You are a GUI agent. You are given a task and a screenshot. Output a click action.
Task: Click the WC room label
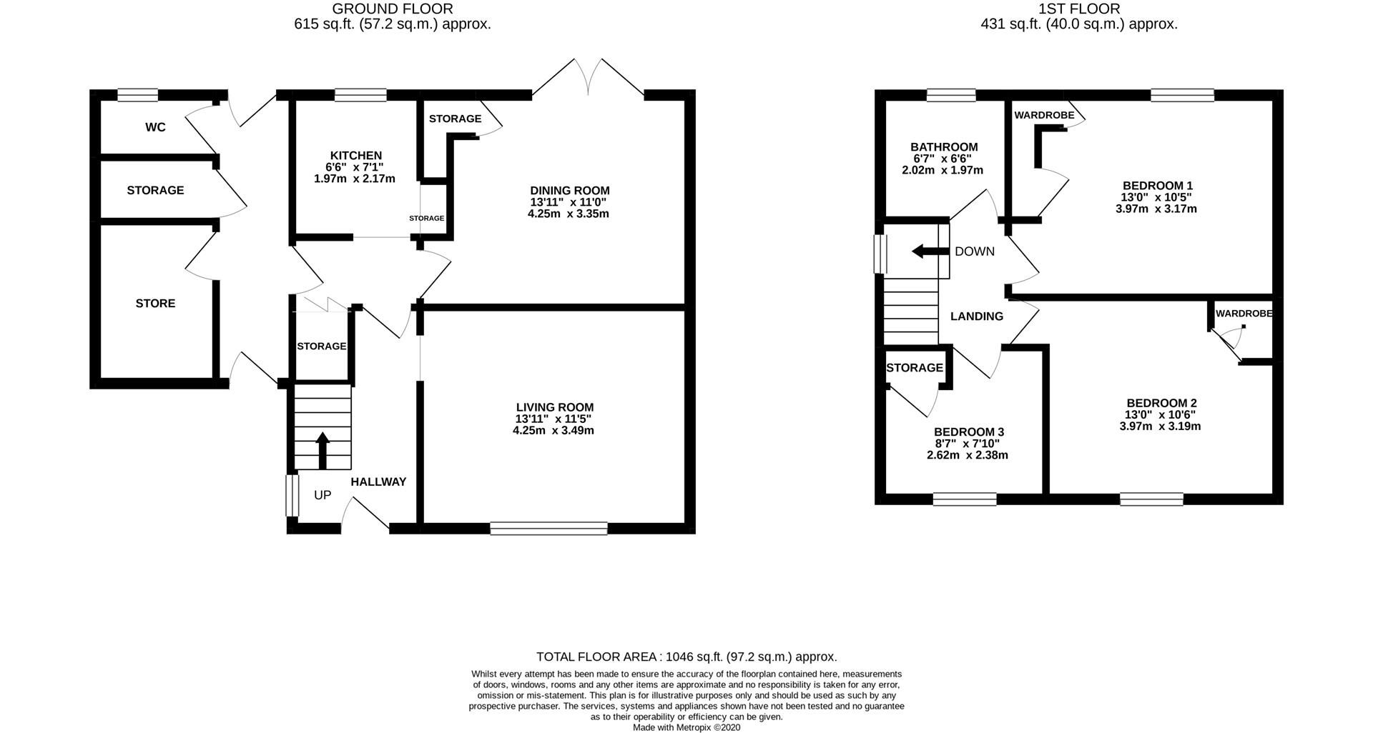[155, 127]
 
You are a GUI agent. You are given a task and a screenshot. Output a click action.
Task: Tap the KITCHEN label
[355, 155]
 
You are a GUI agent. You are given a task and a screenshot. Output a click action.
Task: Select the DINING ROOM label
[569, 190]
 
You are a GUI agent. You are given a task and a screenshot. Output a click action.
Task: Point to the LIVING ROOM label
[554, 407]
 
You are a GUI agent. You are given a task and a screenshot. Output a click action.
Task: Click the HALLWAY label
[378, 482]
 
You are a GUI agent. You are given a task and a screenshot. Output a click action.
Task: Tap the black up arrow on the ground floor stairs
[323, 450]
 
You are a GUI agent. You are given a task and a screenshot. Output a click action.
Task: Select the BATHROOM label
[944, 147]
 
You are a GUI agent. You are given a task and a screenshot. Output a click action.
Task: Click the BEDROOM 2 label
[1161, 403]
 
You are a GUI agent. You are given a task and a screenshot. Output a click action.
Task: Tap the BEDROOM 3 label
[969, 432]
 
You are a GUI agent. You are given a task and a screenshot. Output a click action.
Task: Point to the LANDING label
[976, 316]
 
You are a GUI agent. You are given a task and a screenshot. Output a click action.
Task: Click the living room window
[549, 528]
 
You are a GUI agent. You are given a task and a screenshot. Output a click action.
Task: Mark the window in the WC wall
[138, 94]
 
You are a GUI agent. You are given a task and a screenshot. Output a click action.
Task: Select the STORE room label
[155, 304]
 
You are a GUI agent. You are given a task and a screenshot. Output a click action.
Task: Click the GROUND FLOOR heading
[393, 9]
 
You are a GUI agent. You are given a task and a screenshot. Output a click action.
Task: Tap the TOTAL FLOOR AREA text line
[686, 657]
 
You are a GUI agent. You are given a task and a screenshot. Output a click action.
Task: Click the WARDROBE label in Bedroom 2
[1244, 314]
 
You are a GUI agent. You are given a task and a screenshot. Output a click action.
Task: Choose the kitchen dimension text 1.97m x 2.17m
[355, 179]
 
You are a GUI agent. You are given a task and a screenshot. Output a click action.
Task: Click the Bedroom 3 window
[965, 499]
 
